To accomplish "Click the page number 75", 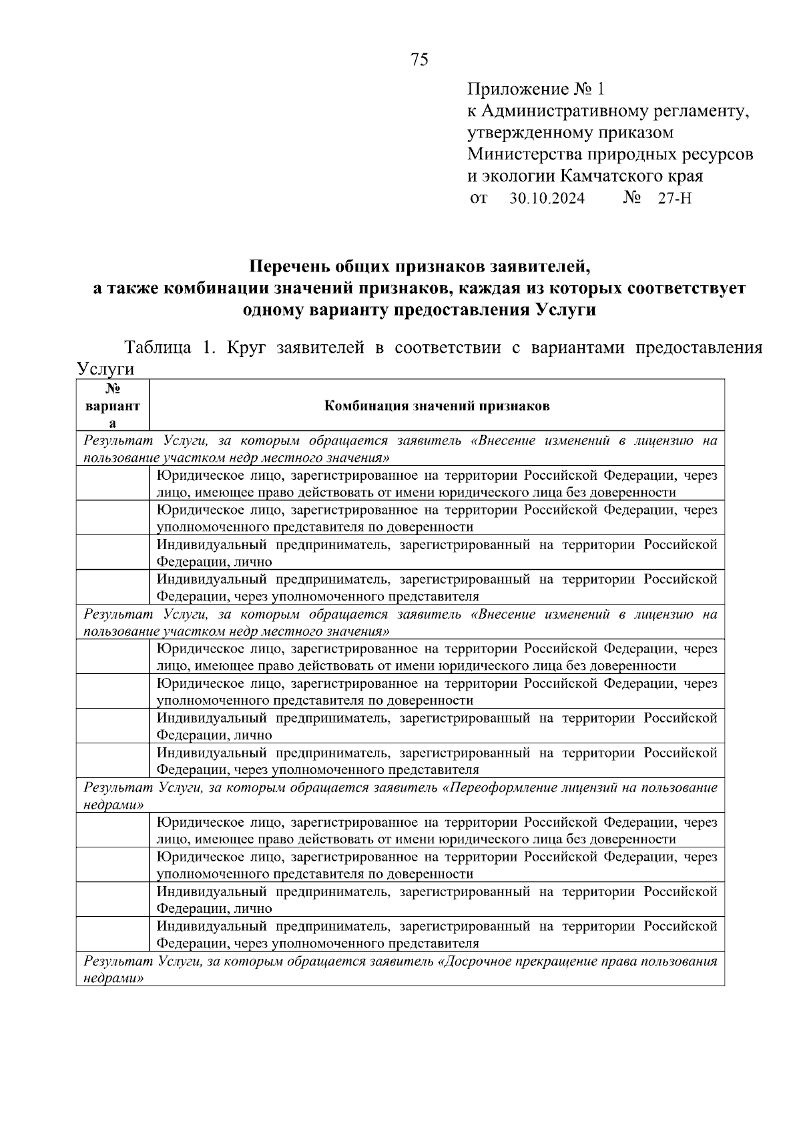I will click(419, 60).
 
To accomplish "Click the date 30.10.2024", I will click(547, 199).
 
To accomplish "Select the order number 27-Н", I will click(674, 199).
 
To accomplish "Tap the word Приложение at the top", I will click(517, 89).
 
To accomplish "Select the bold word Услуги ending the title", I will click(565, 310).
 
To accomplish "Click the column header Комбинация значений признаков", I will click(437, 406).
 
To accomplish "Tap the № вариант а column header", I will click(113, 406).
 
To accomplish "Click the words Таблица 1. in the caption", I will click(167, 348).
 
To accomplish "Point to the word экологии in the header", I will click(519, 177).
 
